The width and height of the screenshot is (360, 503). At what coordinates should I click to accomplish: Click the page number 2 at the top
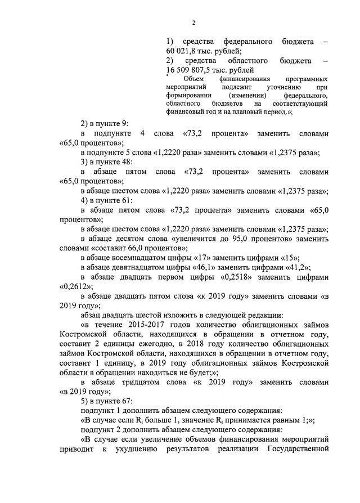[x=193, y=23]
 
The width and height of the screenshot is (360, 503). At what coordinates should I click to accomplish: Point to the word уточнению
[x=282, y=88]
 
